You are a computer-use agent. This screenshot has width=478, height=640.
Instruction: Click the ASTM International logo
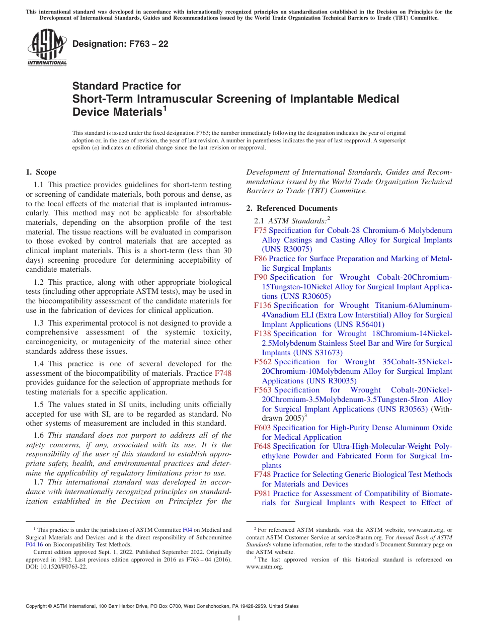pyautogui.click(x=47, y=47)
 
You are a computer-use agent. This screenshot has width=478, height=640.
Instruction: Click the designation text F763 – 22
pyautogui.click(x=120, y=44)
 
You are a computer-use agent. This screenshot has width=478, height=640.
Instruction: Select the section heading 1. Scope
pyautogui.click(x=41, y=172)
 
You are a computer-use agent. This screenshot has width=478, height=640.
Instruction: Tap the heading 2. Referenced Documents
pyautogui.click(x=292, y=208)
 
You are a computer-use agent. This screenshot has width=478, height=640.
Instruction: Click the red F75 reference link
pyautogui.click(x=261, y=230)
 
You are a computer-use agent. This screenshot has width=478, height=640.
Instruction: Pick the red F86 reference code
pyautogui.click(x=261, y=259)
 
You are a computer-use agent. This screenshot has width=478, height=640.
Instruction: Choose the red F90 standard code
pyautogui.click(x=261, y=277)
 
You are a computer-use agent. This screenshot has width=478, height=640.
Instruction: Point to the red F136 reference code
pyautogui.click(x=263, y=305)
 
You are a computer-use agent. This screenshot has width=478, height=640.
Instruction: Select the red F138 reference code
pyautogui.click(x=263, y=334)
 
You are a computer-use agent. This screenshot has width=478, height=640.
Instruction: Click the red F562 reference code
pyautogui.click(x=263, y=362)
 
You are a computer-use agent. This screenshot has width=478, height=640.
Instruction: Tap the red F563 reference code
pyautogui.click(x=263, y=390)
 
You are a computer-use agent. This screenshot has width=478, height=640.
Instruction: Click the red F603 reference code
pyautogui.click(x=263, y=428)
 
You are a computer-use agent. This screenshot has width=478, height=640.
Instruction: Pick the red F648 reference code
pyautogui.click(x=263, y=446)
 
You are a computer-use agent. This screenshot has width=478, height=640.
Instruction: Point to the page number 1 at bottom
pyautogui.click(x=239, y=618)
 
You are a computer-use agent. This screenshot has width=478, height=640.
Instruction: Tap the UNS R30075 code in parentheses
pyautogui.click(x=287, y=249)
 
